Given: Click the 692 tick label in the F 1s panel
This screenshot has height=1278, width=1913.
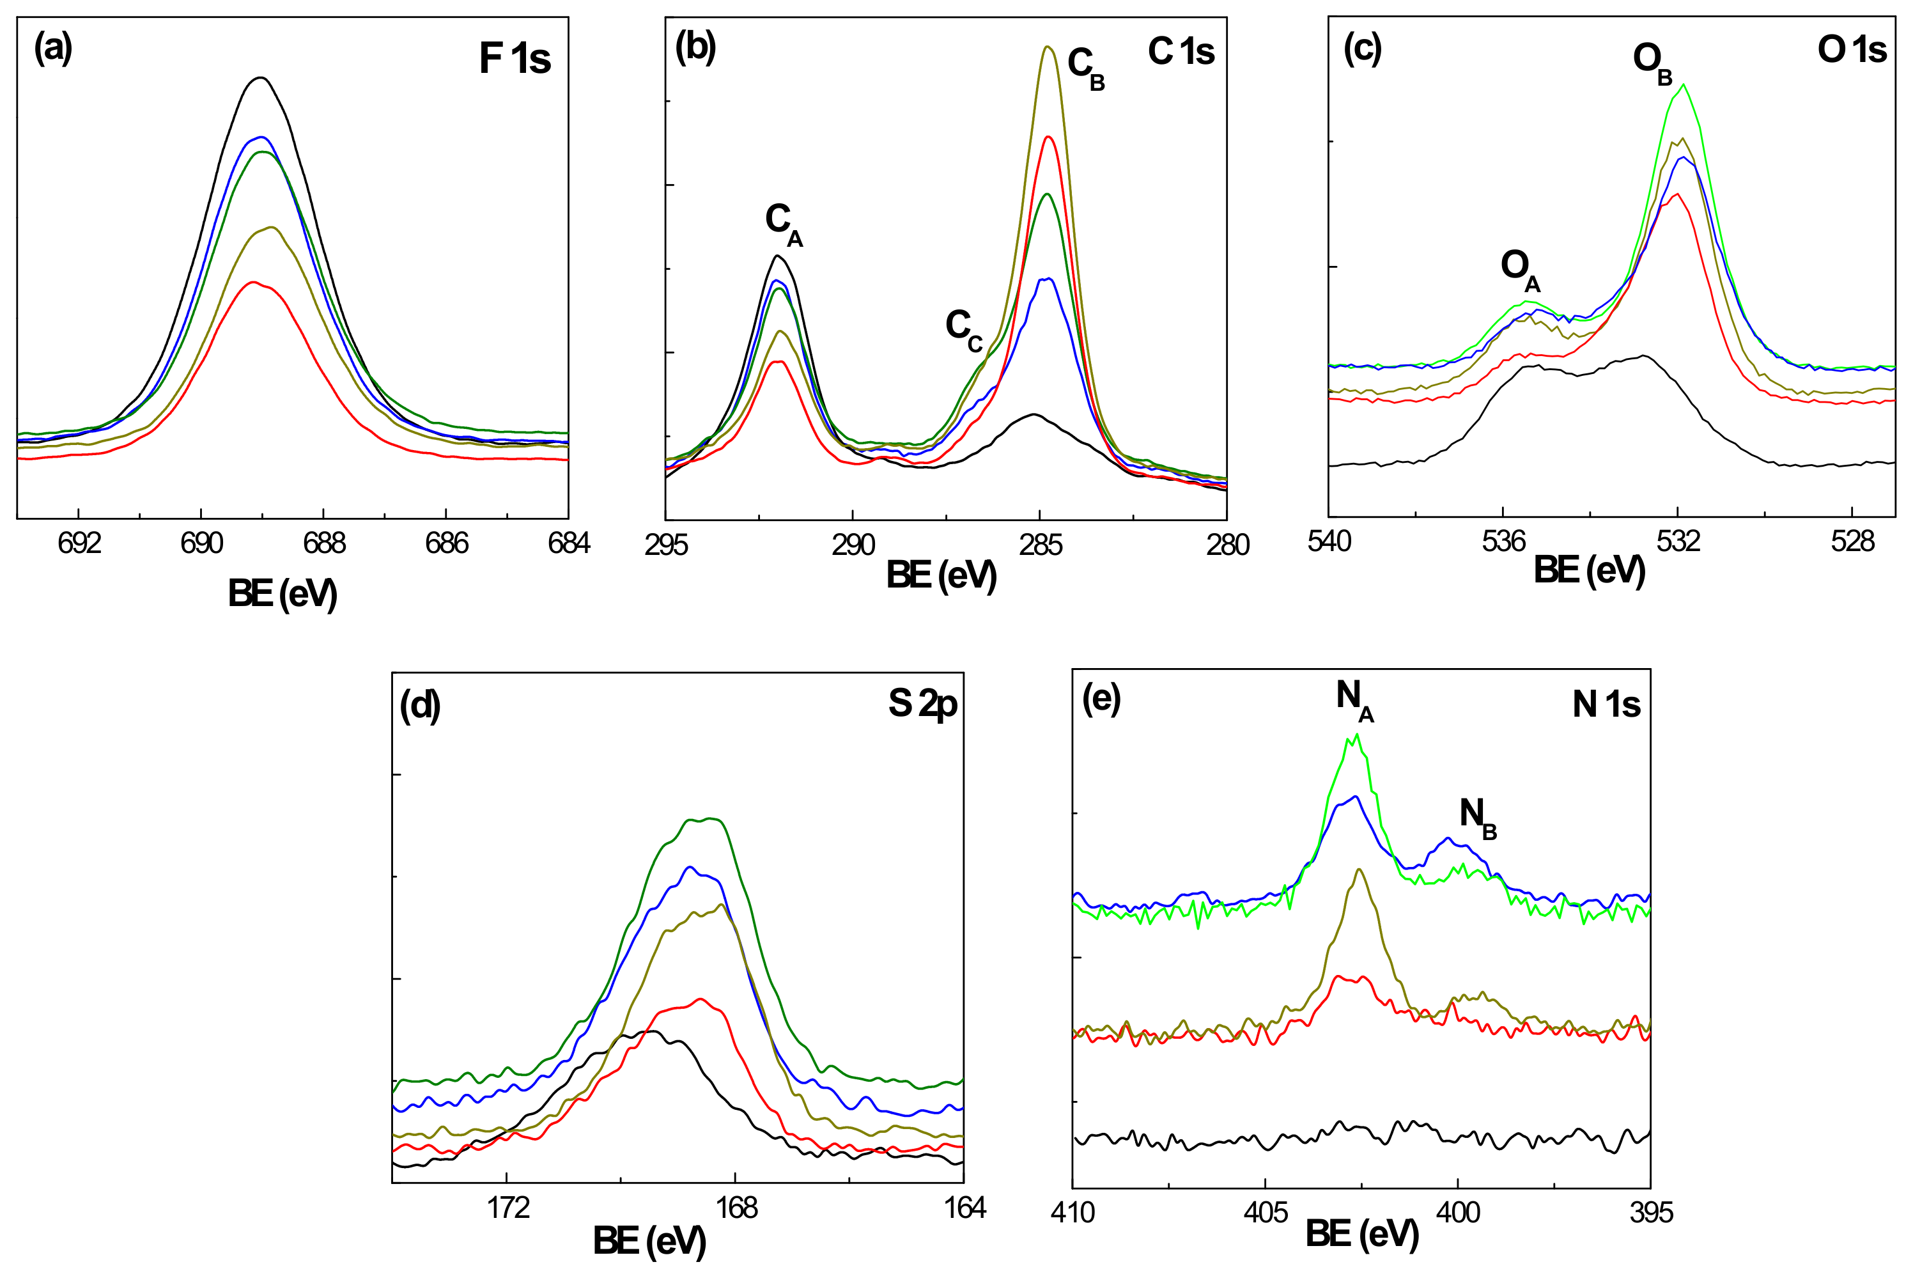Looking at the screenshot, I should pos(79,543).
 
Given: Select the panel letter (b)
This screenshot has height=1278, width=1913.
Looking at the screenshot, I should pos(695,48).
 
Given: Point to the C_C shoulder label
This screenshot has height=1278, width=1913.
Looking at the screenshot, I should pos(963,329).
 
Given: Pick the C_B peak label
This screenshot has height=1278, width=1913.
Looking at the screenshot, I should pos(1085,67).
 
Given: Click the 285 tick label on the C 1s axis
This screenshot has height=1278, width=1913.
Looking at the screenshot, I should pos(1041,545).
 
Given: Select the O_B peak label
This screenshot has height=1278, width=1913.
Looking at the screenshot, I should pos(1652,62).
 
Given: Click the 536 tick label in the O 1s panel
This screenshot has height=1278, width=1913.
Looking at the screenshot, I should pos(1503,542).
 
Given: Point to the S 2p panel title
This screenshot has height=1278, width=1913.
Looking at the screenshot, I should pos(922,704).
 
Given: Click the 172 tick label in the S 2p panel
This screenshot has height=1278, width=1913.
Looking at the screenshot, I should pos(508,1208).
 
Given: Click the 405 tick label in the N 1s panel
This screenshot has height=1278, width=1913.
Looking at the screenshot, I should pos(1266,1213).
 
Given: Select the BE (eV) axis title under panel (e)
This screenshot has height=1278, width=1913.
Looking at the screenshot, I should pos(1361,1235).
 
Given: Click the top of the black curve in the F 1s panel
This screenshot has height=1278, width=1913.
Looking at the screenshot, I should pos(261,78).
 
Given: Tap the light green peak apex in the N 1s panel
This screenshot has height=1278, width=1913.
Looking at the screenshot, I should pos(1356,735).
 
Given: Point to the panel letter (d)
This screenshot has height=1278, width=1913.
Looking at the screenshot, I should pos(419,705).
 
